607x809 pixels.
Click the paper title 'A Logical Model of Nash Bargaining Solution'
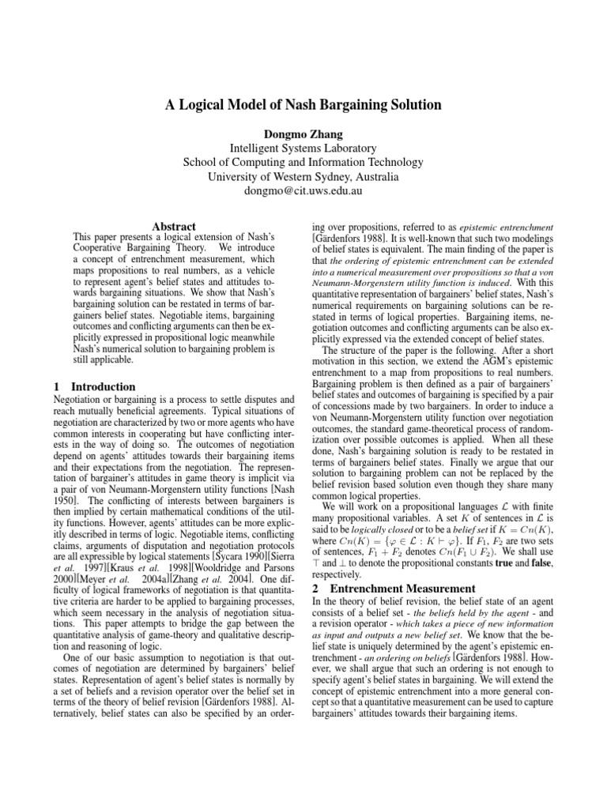303,104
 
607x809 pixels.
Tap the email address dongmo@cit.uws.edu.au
303,191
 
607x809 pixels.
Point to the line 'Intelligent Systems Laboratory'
303,148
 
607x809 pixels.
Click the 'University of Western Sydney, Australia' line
303,177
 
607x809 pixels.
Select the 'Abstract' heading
173,226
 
